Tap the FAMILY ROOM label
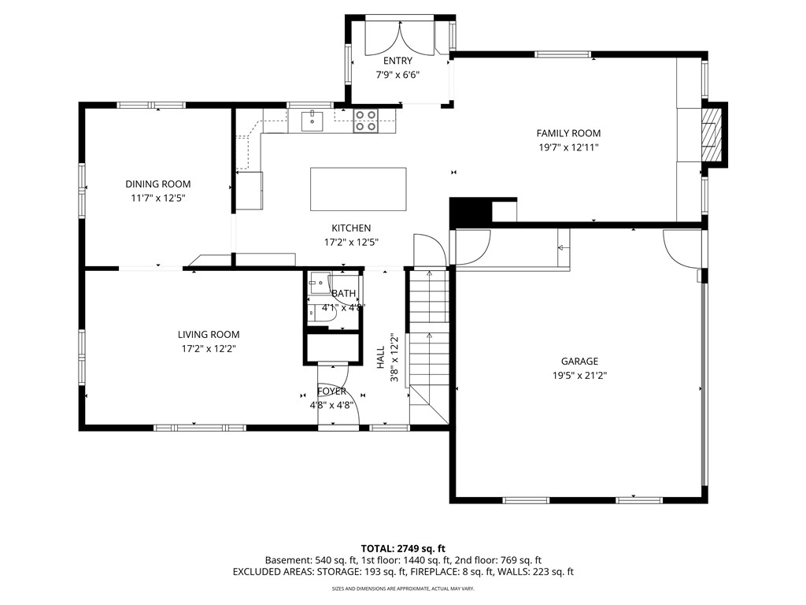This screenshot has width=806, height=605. click(568, 134)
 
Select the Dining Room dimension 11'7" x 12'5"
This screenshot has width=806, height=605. click(158, 198)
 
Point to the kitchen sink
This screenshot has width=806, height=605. click(312, 121)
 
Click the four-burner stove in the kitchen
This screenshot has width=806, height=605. click(365, 121)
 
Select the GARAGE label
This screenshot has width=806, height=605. click(579, 362)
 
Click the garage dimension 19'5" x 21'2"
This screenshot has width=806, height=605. click(579, 375)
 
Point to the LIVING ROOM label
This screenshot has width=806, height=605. click(209, 335)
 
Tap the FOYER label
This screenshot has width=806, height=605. click(331, 392)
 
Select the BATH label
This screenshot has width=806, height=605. click(343, 294)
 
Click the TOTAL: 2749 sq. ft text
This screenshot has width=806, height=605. click(403, 548)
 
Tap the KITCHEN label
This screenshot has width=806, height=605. click(351, 228)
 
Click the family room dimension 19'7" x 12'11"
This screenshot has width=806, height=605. click(568, 147)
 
